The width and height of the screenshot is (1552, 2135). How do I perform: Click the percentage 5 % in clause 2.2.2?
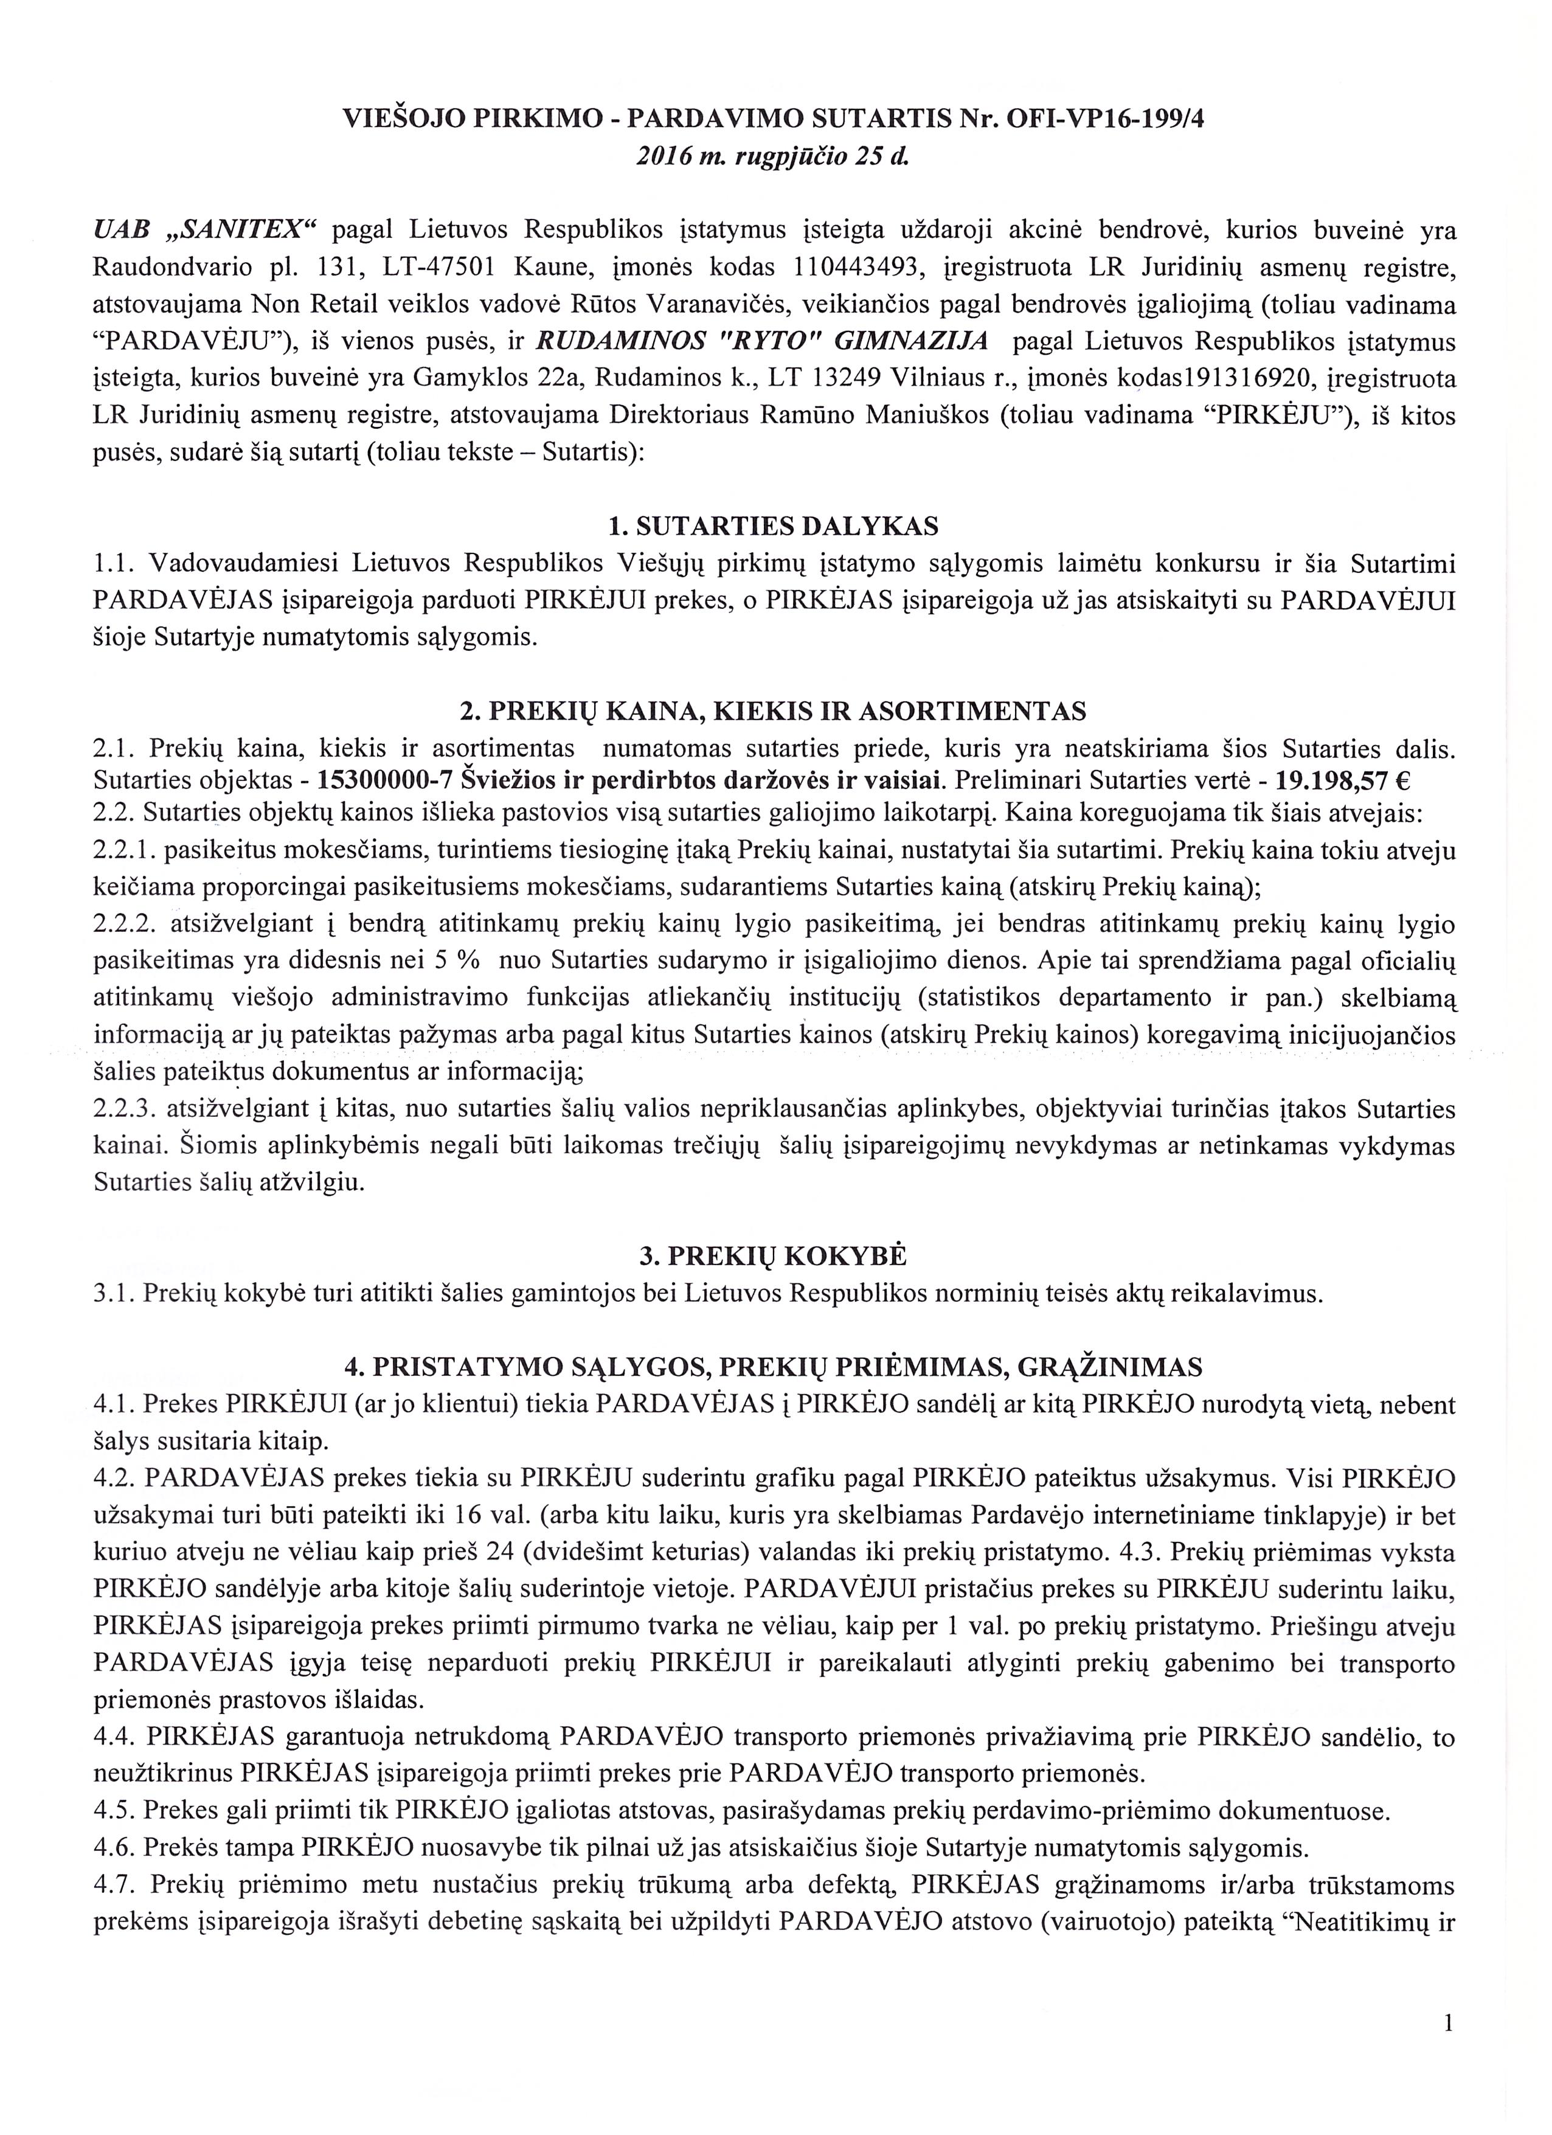point(463,962)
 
